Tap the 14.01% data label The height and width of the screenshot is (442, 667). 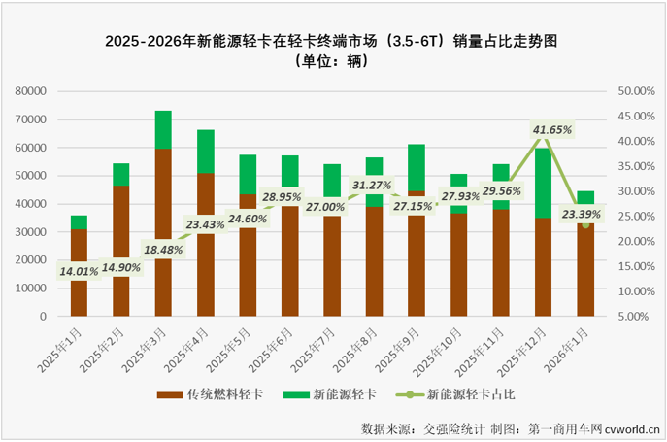pos(80,271)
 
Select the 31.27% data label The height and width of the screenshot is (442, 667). pos(373,185)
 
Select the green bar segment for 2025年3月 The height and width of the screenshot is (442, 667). pos(163,129)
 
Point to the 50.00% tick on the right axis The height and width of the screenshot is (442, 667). pos(636,91)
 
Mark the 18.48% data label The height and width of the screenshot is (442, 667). pos(163,249)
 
